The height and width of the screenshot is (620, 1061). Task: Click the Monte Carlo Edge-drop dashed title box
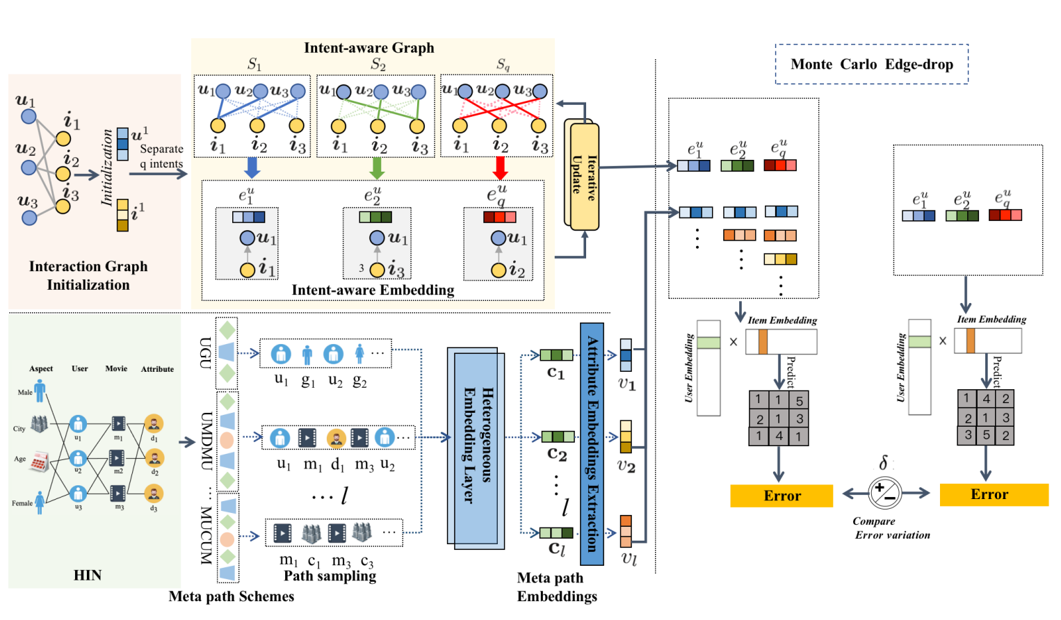(871, 65)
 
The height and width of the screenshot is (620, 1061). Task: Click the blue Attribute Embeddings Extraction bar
(592, 444)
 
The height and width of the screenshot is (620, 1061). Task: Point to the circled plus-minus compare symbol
(884, 493)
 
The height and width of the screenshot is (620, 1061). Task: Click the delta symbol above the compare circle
(883, 464)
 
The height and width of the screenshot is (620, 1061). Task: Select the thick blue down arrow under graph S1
(252, 167)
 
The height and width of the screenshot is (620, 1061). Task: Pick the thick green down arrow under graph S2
(377, 167)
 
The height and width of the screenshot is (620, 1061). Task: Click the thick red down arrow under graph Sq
(499, 167)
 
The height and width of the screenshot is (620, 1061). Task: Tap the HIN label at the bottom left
(88, 576)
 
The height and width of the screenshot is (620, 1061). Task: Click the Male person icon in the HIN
(40, 391)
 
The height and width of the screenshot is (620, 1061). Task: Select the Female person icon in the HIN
(40, 502)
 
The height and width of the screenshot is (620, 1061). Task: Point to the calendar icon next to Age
(39, 461)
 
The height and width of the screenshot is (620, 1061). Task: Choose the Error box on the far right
(994, 494)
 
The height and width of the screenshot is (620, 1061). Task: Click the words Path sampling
(330, 576)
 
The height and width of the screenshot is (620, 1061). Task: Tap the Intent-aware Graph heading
(368, 48)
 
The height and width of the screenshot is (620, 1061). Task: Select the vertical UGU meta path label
(206, 352)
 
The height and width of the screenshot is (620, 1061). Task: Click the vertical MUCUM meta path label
(206, 535)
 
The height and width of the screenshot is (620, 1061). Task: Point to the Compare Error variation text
(890, 528)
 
